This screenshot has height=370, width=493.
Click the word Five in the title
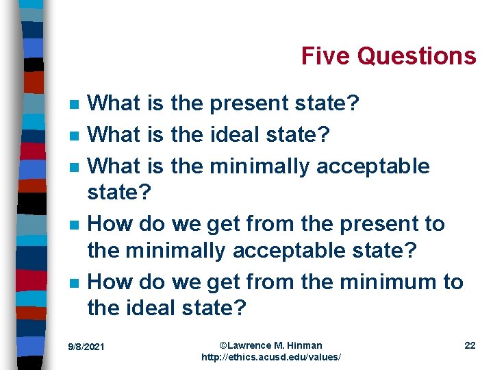coord(324,56)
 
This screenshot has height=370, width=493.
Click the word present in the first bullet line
coord(249,104)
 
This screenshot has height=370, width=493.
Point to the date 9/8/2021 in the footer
coord(86,347)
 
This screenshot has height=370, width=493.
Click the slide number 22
coord(470,345)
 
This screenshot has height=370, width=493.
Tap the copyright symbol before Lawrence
coord(223,345)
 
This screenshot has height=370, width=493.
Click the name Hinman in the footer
coord(305,345)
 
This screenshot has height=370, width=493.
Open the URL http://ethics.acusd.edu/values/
coord(271,358)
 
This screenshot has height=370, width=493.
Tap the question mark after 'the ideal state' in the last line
coord(239,308)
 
